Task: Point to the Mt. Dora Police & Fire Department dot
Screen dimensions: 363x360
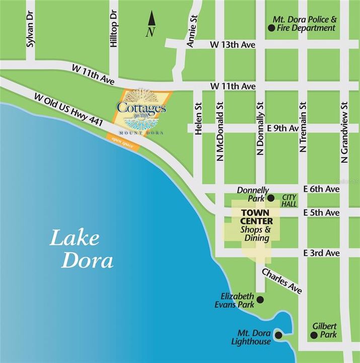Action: click(x=271, y=28)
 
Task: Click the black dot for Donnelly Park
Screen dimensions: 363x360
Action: click(x=270, y=198)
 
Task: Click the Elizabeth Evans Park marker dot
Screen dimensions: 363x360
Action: click(x=260, y=300)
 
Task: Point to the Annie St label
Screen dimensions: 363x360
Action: click(x=191, y=33)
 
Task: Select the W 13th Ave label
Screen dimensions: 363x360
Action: click(x=232, y=45)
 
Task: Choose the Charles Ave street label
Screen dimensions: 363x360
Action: click(x=281, y=281)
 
